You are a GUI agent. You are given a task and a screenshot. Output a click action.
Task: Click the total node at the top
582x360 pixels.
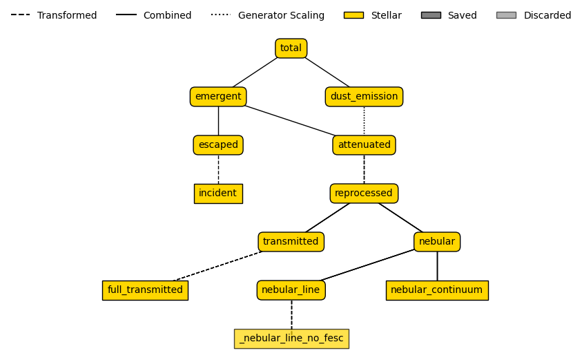click(x=291, y=48)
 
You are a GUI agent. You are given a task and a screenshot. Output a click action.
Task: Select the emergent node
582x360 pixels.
click(x=218, y=97)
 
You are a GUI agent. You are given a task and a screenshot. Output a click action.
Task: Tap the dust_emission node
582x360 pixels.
click(x=364, y=97)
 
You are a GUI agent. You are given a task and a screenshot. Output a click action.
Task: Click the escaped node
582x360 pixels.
click(x=218, y=145)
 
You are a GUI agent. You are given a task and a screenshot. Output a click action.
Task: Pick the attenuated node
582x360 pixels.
click(x=364, y=145)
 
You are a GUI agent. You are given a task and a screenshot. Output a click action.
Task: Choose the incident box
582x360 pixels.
click(x=218, y=193)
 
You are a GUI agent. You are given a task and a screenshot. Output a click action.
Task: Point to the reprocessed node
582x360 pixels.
click(x=364, y=193)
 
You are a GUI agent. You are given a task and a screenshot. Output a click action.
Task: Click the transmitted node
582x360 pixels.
click(x=291, y=242)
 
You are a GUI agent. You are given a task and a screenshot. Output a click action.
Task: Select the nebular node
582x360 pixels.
click(x=437, y=242)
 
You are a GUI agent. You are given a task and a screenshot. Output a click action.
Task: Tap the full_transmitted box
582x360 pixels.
click(x=145, y=290)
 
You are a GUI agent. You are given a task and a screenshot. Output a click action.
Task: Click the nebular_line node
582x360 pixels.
click(x=291, y=290)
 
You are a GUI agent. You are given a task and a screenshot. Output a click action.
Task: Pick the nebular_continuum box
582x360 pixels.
click(x=437, y=290)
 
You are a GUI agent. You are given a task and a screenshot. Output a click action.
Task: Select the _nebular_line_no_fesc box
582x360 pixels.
click(x=291, y=339)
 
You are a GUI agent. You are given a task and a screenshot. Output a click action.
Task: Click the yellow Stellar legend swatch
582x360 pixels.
click(x=353, y=15)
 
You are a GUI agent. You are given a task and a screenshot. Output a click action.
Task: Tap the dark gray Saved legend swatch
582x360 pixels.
click(x=431, y=15)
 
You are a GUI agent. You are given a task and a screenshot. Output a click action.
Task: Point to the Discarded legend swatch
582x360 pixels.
click(x=506, y=15)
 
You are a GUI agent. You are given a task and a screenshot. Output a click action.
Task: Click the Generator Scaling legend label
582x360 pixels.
click(x=281, y=15)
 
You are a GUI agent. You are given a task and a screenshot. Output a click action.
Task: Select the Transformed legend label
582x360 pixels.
click(x=67, y=15)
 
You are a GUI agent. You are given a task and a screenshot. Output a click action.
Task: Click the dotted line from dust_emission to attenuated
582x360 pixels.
click(x=364, y=121)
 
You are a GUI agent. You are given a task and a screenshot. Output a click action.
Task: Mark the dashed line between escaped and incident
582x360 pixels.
click(x=218, y=169)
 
